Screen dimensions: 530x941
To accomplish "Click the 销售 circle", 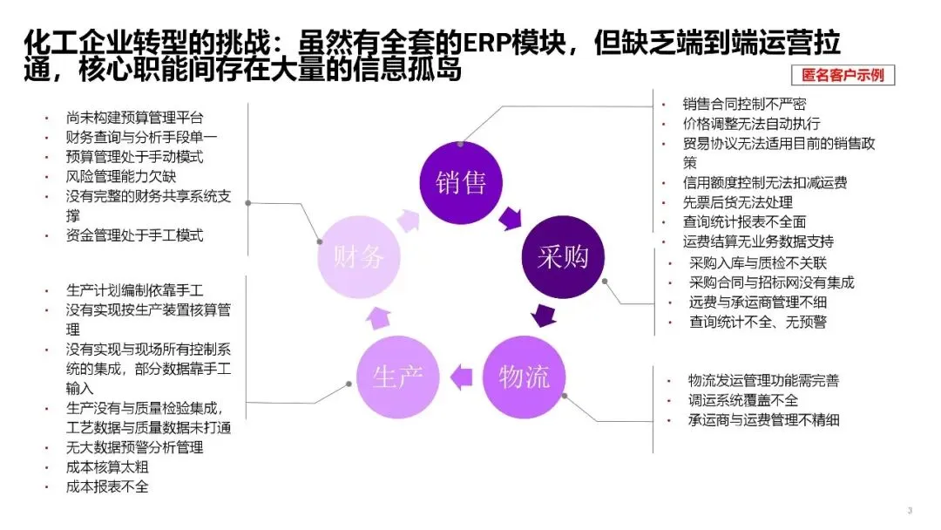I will coord(460,181).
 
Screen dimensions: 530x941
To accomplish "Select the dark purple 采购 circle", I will coord(562,255).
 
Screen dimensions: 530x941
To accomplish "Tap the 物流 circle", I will coord(524,377).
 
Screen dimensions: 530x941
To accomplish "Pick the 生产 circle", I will coord(397,377).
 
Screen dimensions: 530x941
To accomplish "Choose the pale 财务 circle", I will coord(357,256).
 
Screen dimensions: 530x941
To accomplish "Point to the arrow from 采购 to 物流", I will coord(545,314).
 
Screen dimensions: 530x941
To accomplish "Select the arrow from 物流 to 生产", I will coord(461,377).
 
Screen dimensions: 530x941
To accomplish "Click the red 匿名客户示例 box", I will coord(843,75).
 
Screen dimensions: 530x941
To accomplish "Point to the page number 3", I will coord(910,511).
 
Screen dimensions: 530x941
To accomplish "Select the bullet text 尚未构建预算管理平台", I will coord(135,117).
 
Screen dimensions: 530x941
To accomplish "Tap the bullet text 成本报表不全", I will coord(107,486).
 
